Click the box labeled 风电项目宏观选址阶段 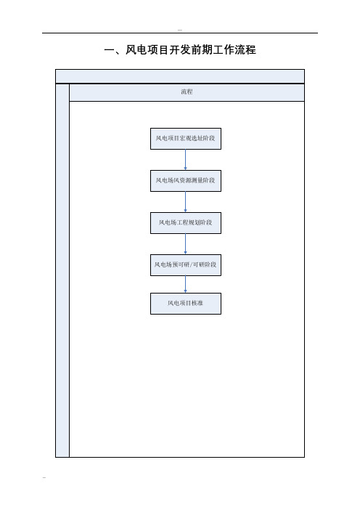(x=186, y=139)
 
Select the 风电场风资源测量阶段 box (x=186, y=181)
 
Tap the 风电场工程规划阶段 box (x=186, y=223)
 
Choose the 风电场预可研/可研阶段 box (x=186, y=265)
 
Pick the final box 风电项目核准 (x=186, y=304)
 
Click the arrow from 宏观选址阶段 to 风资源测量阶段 (x=186, y=160)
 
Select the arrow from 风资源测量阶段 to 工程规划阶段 (x=186, y=202)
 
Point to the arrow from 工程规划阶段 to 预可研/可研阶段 (x=186, y=244)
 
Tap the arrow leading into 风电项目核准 (x=186, y=284)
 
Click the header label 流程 (x=187, y=92)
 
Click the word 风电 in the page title (x=136, y=49)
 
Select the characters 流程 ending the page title (x=245, y=49)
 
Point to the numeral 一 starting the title (x=109, y=50)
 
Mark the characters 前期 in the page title (x=202, y=49)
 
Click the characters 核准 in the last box (x=197, y=303)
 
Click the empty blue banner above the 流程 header (x=180, y=76)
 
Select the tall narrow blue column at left (x=62, y=270)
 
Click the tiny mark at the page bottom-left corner (x=44, y=478)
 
